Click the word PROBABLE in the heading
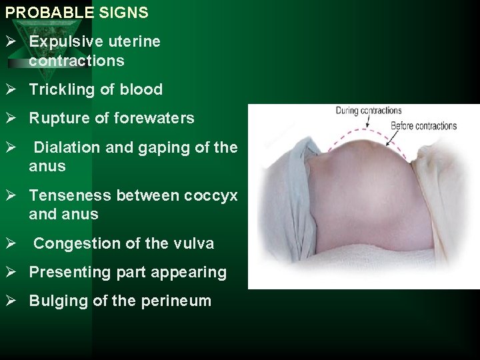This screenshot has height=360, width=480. pos(41,13)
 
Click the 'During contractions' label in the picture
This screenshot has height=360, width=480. pos(368,111)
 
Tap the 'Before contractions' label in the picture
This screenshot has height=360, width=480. pos(423,125)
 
